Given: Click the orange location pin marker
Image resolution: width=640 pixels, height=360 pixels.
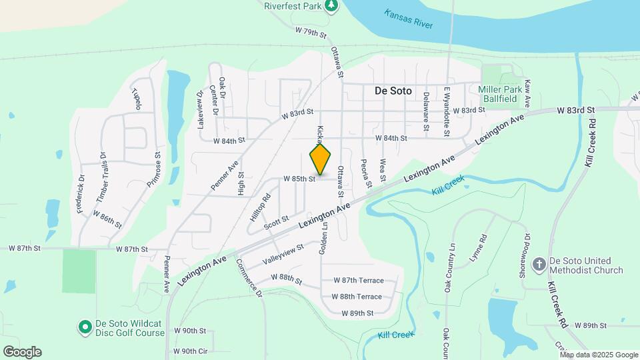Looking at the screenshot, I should pyautogui.click(x=320, y=160).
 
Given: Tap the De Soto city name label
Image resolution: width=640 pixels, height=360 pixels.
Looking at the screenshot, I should pyautogui.click(x=393, y=91).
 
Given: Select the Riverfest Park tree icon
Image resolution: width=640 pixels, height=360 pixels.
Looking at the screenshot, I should pyautogui.click(x=331, y=7).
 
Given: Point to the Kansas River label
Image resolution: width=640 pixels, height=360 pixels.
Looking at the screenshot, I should pyautogui.click(x=408, y=19).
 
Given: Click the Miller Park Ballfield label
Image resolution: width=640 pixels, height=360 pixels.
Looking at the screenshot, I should pyautogui.click(x=498, y=93).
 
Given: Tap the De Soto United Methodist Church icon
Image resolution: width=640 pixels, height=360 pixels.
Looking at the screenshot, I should pyautogui.click(x=540, y=265).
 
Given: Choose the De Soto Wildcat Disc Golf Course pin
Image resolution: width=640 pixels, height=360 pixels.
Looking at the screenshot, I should pyautogui.click(x=85, y=327).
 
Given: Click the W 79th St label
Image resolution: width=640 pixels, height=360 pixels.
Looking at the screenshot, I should pyautogui.click(x=312, y=31).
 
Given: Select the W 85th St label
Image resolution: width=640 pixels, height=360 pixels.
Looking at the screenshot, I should pyautogui.click(x=298, y=179).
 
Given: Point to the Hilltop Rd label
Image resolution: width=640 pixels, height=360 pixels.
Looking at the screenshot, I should pyautogui.click(x=260, y=207).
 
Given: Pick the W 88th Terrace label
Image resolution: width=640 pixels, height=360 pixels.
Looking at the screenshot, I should pyautogui.click(x=357, y=297).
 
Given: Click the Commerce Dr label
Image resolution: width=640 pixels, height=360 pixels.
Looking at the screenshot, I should pyautogui.click(x=249, y=276).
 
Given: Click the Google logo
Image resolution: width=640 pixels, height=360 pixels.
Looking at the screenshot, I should pyautogui.click(x=22, y=351).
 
